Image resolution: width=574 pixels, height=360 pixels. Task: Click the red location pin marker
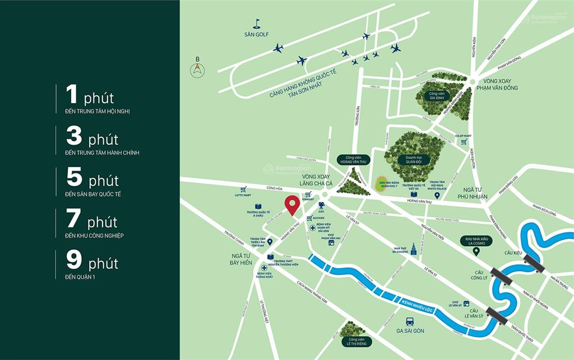point(291,205)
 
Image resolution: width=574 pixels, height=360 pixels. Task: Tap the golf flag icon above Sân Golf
point(257,24)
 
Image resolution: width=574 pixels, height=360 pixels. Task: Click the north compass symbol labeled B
point(197,70)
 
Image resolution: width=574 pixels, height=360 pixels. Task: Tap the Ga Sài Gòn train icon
point(410,322)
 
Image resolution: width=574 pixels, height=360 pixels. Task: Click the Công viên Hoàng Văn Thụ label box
point(354,160)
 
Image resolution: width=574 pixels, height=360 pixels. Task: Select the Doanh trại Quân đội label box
point(414,159)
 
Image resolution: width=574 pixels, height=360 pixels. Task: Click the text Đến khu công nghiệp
point(94,236)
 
